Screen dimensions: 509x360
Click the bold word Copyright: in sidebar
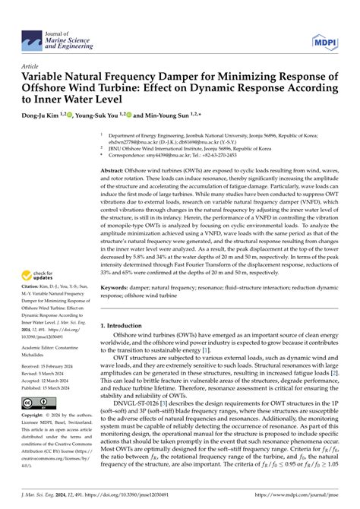(36, 416)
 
